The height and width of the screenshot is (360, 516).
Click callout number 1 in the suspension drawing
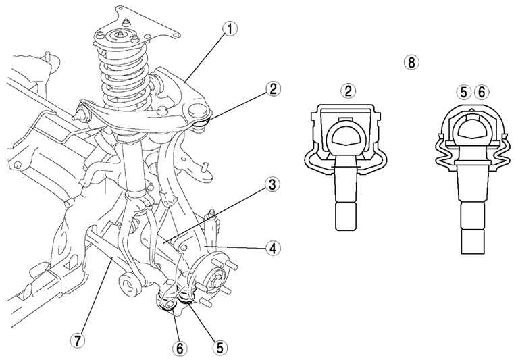[x=230, y=29]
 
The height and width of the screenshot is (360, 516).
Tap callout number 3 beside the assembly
[x=272, y=185]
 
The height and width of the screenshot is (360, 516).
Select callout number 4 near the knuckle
[x=273, y=249]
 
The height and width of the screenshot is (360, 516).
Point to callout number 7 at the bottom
[x=78, y=341]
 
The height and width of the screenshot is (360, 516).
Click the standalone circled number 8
[x=411, y=62]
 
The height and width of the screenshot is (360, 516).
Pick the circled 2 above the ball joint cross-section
[x=349, y=91]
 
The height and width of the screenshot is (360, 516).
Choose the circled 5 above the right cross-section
[x=464, y=93]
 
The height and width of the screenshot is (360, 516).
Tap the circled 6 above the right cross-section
[x=481, y=93]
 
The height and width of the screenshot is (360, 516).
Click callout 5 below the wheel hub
[x=220, y=347]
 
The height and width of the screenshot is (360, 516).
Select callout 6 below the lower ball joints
[x=180, y=349]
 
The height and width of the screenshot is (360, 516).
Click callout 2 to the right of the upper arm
[x=273, y=89]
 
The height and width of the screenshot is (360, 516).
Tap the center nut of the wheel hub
[x=215, y=280]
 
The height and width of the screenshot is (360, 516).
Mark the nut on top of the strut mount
[x=120, y=34]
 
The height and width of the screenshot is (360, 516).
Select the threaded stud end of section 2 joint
[x=345, y=217]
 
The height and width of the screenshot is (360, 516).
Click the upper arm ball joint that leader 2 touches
[x=201, y=124]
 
